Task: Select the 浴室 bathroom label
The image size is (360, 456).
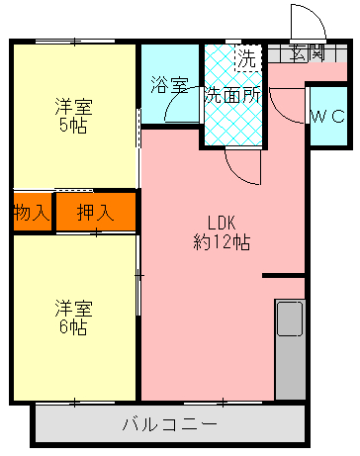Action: [168, 85]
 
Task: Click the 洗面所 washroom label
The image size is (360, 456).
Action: [232, 96]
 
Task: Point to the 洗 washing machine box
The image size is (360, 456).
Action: [244, 58]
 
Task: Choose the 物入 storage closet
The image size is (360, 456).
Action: [32, 211]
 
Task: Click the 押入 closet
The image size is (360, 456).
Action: [95, 211]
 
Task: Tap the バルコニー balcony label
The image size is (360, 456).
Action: [169, 425]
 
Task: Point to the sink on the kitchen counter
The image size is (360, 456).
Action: [290, 319]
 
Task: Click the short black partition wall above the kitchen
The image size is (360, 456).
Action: [284, 275]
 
